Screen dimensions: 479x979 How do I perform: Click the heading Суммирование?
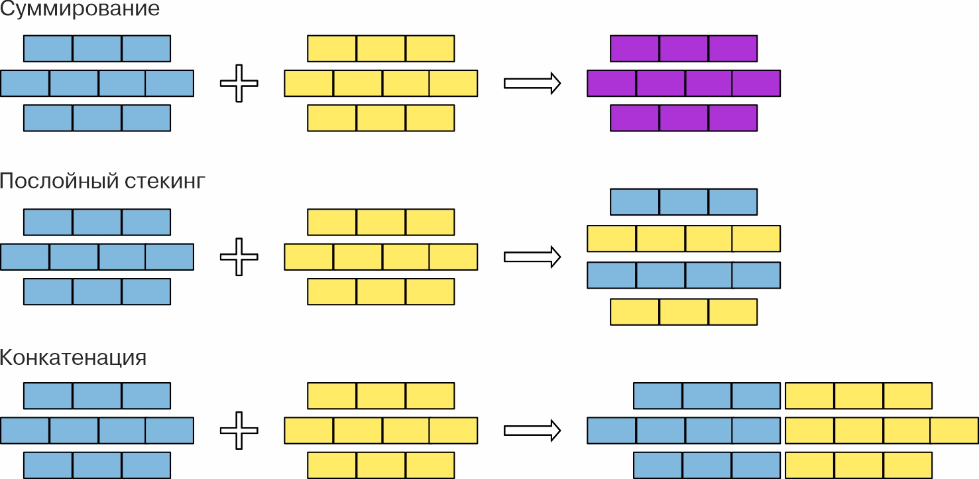point(80,10)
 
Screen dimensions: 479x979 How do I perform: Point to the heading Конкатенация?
point(73,358)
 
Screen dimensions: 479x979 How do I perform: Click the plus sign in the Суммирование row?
point(239,83)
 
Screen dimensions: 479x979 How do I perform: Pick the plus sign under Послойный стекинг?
point(239,257)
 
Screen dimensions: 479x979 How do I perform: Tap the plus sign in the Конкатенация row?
point(239,431)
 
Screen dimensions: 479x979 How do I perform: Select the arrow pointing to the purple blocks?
point(532,83)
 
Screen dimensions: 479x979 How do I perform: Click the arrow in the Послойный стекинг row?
point(532,257)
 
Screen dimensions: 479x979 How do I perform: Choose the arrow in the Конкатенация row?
point(532,431)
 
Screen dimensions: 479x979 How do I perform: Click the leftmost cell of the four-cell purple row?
point(612,83)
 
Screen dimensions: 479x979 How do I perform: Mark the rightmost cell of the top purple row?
point(732,48)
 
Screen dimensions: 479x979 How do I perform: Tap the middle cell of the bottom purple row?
point(683,117)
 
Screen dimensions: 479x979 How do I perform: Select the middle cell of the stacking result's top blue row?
point(683,202)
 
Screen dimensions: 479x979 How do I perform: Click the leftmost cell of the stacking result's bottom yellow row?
point(634,312)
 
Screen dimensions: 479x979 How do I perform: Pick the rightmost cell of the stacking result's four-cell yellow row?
point(756,238)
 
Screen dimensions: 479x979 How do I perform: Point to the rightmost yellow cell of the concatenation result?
point(954,431)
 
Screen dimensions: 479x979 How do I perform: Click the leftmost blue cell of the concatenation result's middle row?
point(612,431)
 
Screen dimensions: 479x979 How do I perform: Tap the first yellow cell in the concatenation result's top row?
point(809,396)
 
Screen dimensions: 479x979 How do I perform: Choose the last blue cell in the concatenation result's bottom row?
point(756,465)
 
